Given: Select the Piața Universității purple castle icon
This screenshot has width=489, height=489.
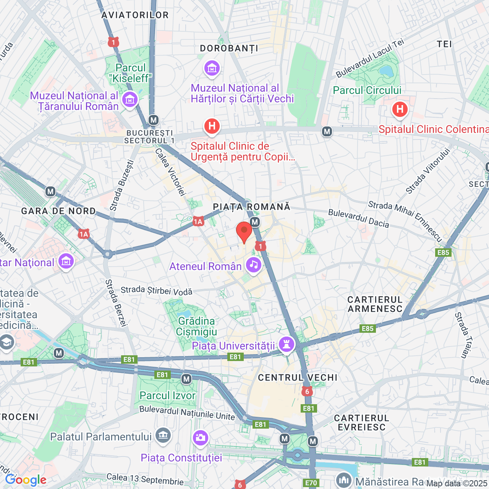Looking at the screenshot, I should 287,344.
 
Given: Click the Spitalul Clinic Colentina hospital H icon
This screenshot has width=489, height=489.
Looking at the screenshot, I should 400,110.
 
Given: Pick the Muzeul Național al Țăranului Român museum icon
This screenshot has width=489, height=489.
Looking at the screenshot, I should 130,100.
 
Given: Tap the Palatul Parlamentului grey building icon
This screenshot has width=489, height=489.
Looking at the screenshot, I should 163,435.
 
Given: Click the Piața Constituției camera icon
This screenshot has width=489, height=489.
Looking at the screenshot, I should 200,437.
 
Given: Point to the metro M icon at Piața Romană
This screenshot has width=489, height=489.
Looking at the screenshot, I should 255,222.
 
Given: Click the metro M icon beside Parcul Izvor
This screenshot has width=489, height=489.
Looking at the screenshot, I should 186,379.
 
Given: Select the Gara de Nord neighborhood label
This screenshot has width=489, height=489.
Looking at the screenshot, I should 58,211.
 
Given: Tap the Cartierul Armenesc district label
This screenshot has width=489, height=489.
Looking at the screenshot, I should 375,304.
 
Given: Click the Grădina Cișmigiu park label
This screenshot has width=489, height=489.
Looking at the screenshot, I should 196,326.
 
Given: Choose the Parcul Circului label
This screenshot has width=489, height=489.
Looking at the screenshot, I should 367,91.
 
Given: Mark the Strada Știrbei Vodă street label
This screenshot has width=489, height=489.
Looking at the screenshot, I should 157,291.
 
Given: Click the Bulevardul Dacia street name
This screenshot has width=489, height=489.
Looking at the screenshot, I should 358,218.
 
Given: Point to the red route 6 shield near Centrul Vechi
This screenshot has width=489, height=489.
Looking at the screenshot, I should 307,391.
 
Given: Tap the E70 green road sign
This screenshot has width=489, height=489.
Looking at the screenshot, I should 311,483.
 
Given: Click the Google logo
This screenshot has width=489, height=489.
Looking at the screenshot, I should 26,480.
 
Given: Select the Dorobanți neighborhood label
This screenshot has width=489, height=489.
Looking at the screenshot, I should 229,49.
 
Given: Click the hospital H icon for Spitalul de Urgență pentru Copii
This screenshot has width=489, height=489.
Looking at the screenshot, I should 212,126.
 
